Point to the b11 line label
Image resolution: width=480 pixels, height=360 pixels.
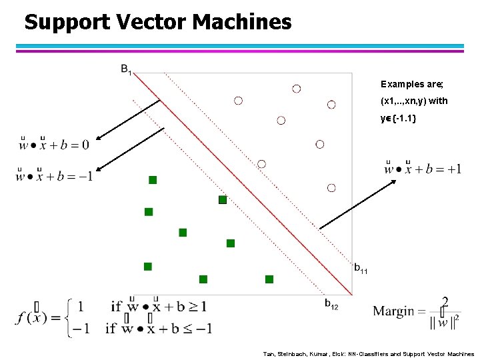[360, 269]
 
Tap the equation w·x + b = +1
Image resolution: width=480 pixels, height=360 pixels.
[423, 167]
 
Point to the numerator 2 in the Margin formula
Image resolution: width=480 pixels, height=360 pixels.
[445, 301]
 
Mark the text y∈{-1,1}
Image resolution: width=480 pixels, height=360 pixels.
[399, 118]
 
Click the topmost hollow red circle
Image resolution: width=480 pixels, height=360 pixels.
[296, 89]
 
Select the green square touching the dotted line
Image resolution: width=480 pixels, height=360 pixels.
[223, 199]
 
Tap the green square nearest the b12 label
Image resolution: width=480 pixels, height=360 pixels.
[269, 279]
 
